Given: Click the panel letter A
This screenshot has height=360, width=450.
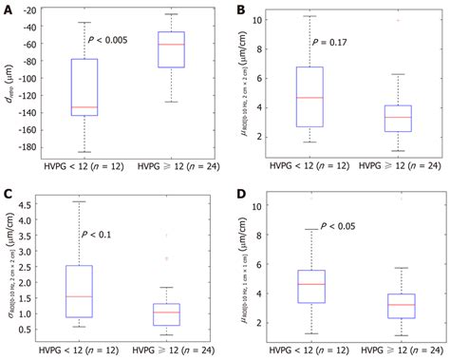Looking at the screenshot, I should pos(8,8).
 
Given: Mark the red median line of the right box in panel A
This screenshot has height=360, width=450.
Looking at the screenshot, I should pos(171,45).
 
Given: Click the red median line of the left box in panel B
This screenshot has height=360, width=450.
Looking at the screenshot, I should pos(309,97).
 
